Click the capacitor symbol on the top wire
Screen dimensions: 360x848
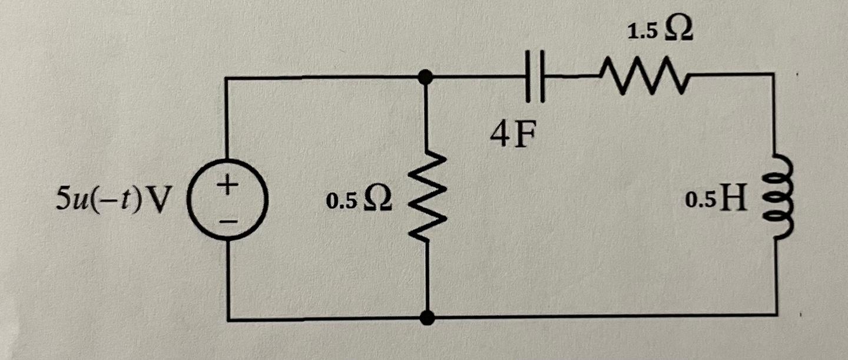(x=532, y=77)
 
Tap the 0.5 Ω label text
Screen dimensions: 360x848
(x=357, y=201)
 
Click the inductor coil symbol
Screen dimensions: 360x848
(x=776, y=197)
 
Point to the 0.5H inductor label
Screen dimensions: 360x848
(x=715, y=201)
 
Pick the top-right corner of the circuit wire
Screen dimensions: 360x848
(x=772, y=74)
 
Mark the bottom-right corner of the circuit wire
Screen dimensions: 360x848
(x=776, y=315)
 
